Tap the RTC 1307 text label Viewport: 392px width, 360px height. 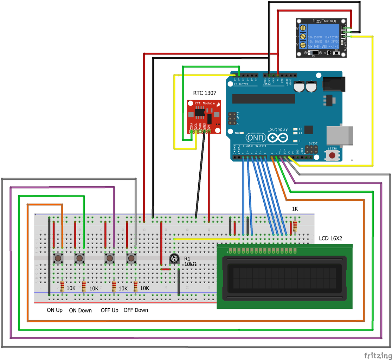point(205,93)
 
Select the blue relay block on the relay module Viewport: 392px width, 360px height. point(323,36)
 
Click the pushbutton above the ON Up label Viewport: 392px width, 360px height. point(58,259)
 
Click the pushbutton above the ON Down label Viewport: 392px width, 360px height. point(79,259)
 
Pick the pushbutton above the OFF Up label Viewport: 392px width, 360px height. point(110,259)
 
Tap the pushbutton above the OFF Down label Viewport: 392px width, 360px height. point(131,259)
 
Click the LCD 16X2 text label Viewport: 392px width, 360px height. point(330,238)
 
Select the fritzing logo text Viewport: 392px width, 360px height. point(377,355)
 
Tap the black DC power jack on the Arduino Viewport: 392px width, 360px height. point(332,84)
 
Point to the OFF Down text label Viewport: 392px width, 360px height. point(136,310)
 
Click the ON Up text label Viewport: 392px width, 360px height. point(55,310)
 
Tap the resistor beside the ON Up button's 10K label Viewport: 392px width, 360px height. point(62,287)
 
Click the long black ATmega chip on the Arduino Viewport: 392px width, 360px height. point(264,99)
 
